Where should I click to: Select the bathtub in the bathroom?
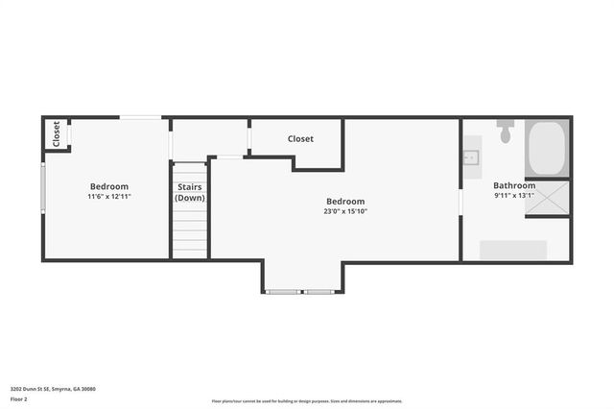(547, 148)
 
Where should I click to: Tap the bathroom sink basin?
(471, 158)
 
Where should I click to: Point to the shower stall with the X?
(548, 199)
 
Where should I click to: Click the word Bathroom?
(514, 185)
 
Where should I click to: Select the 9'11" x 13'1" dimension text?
(514, 195)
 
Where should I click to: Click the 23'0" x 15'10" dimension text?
(344, 211)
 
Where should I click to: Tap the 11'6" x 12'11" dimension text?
(108, 196)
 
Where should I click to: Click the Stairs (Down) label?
(190, 193)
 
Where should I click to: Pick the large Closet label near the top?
(300, 139)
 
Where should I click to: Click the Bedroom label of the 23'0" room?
(344, 202)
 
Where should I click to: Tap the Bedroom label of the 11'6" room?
(108, 186)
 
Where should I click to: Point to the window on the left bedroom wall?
(42, 187)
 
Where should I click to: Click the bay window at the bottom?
(303, 291)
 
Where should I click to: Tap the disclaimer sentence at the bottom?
(307, 401)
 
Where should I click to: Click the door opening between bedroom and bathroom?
(460, 202)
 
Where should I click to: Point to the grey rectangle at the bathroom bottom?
(512, 250)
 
